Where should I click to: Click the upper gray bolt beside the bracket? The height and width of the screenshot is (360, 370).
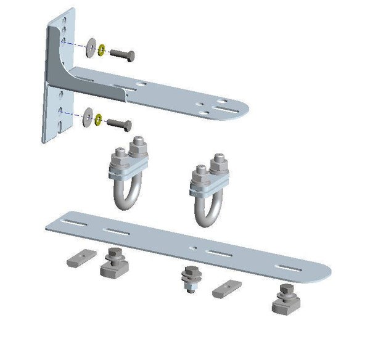coord(123,55)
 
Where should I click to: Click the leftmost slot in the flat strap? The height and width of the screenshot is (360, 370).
coord(69,223)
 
